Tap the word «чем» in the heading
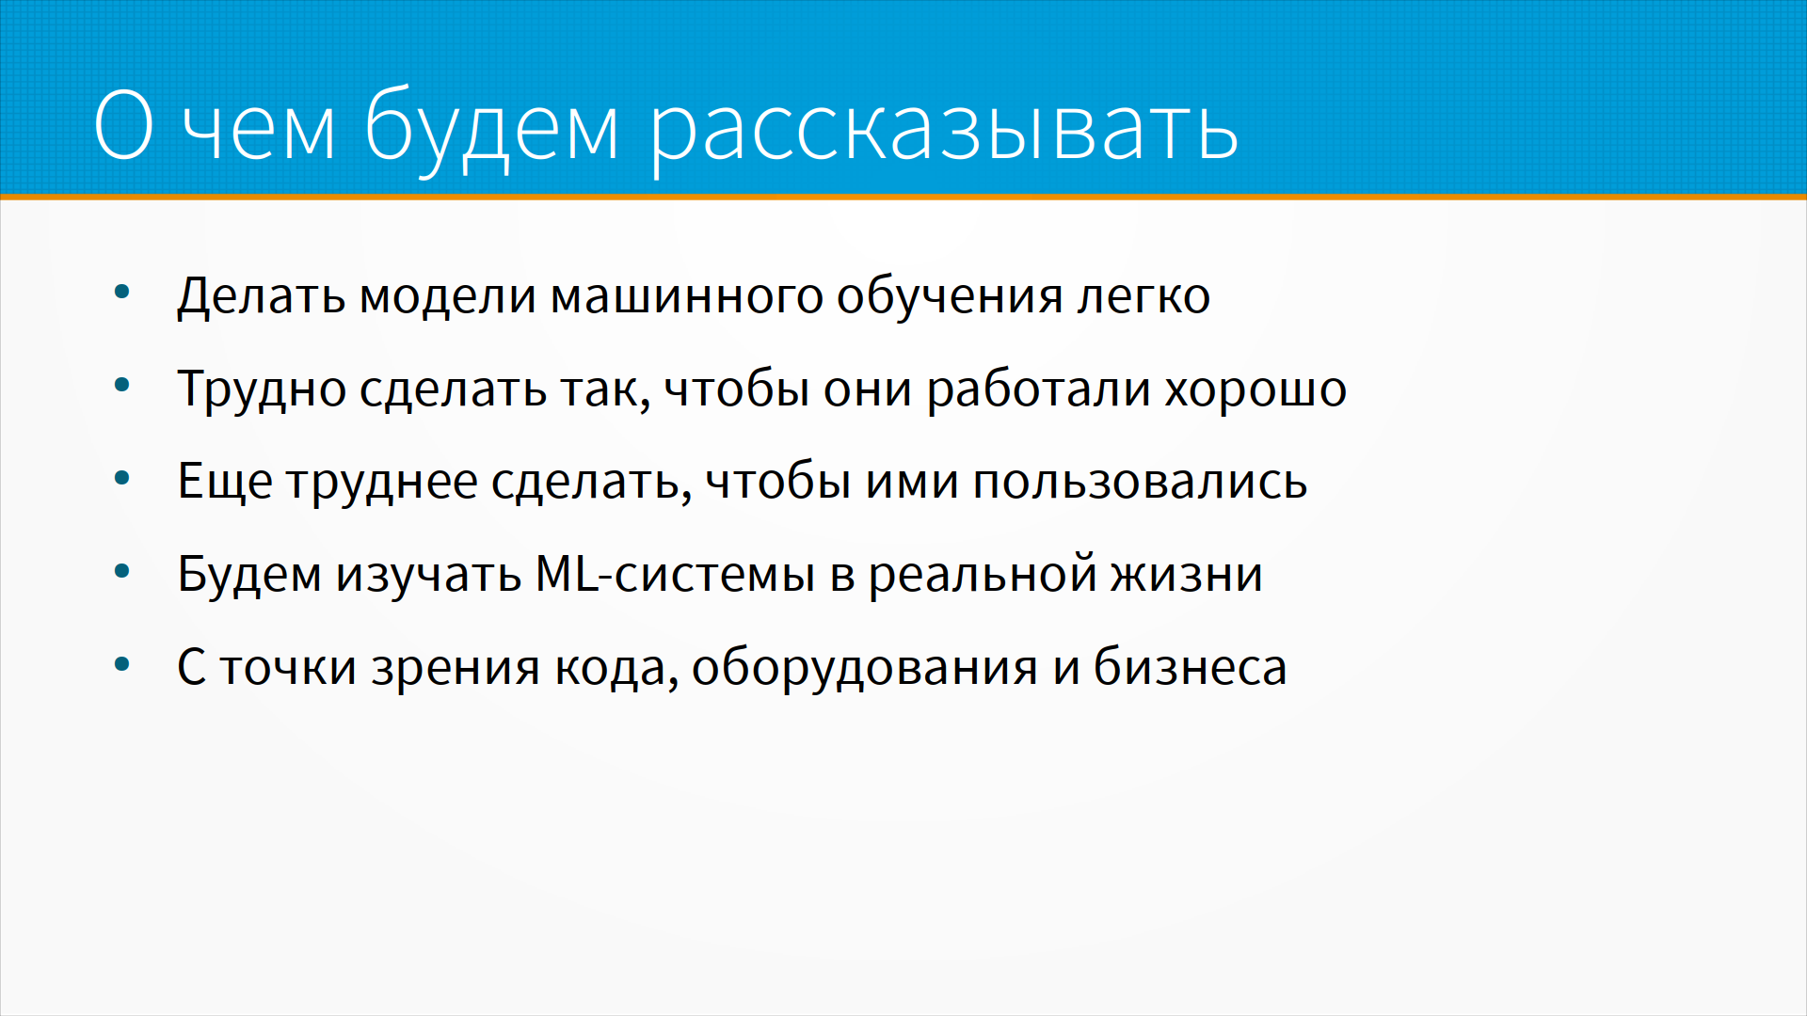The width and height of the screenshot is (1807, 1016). [259, 130]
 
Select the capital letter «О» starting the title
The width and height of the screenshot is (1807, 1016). [123, 124]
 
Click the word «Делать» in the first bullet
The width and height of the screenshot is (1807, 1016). [261, 297]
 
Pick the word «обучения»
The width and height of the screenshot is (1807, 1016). [951, 297]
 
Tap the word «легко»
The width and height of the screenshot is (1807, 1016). [1143, 297]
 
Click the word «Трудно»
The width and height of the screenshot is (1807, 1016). [262, 389]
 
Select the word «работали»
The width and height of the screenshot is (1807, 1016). [1038, 389]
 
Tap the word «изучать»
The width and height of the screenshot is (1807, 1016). [428, 575]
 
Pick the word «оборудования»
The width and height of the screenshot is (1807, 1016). [865, 667]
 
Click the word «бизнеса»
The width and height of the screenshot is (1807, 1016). [1190, 667]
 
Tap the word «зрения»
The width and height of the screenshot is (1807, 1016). [456, 668]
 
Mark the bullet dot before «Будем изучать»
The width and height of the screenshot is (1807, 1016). [121, 571]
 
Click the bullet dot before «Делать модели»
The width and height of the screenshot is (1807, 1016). [121, 293]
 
